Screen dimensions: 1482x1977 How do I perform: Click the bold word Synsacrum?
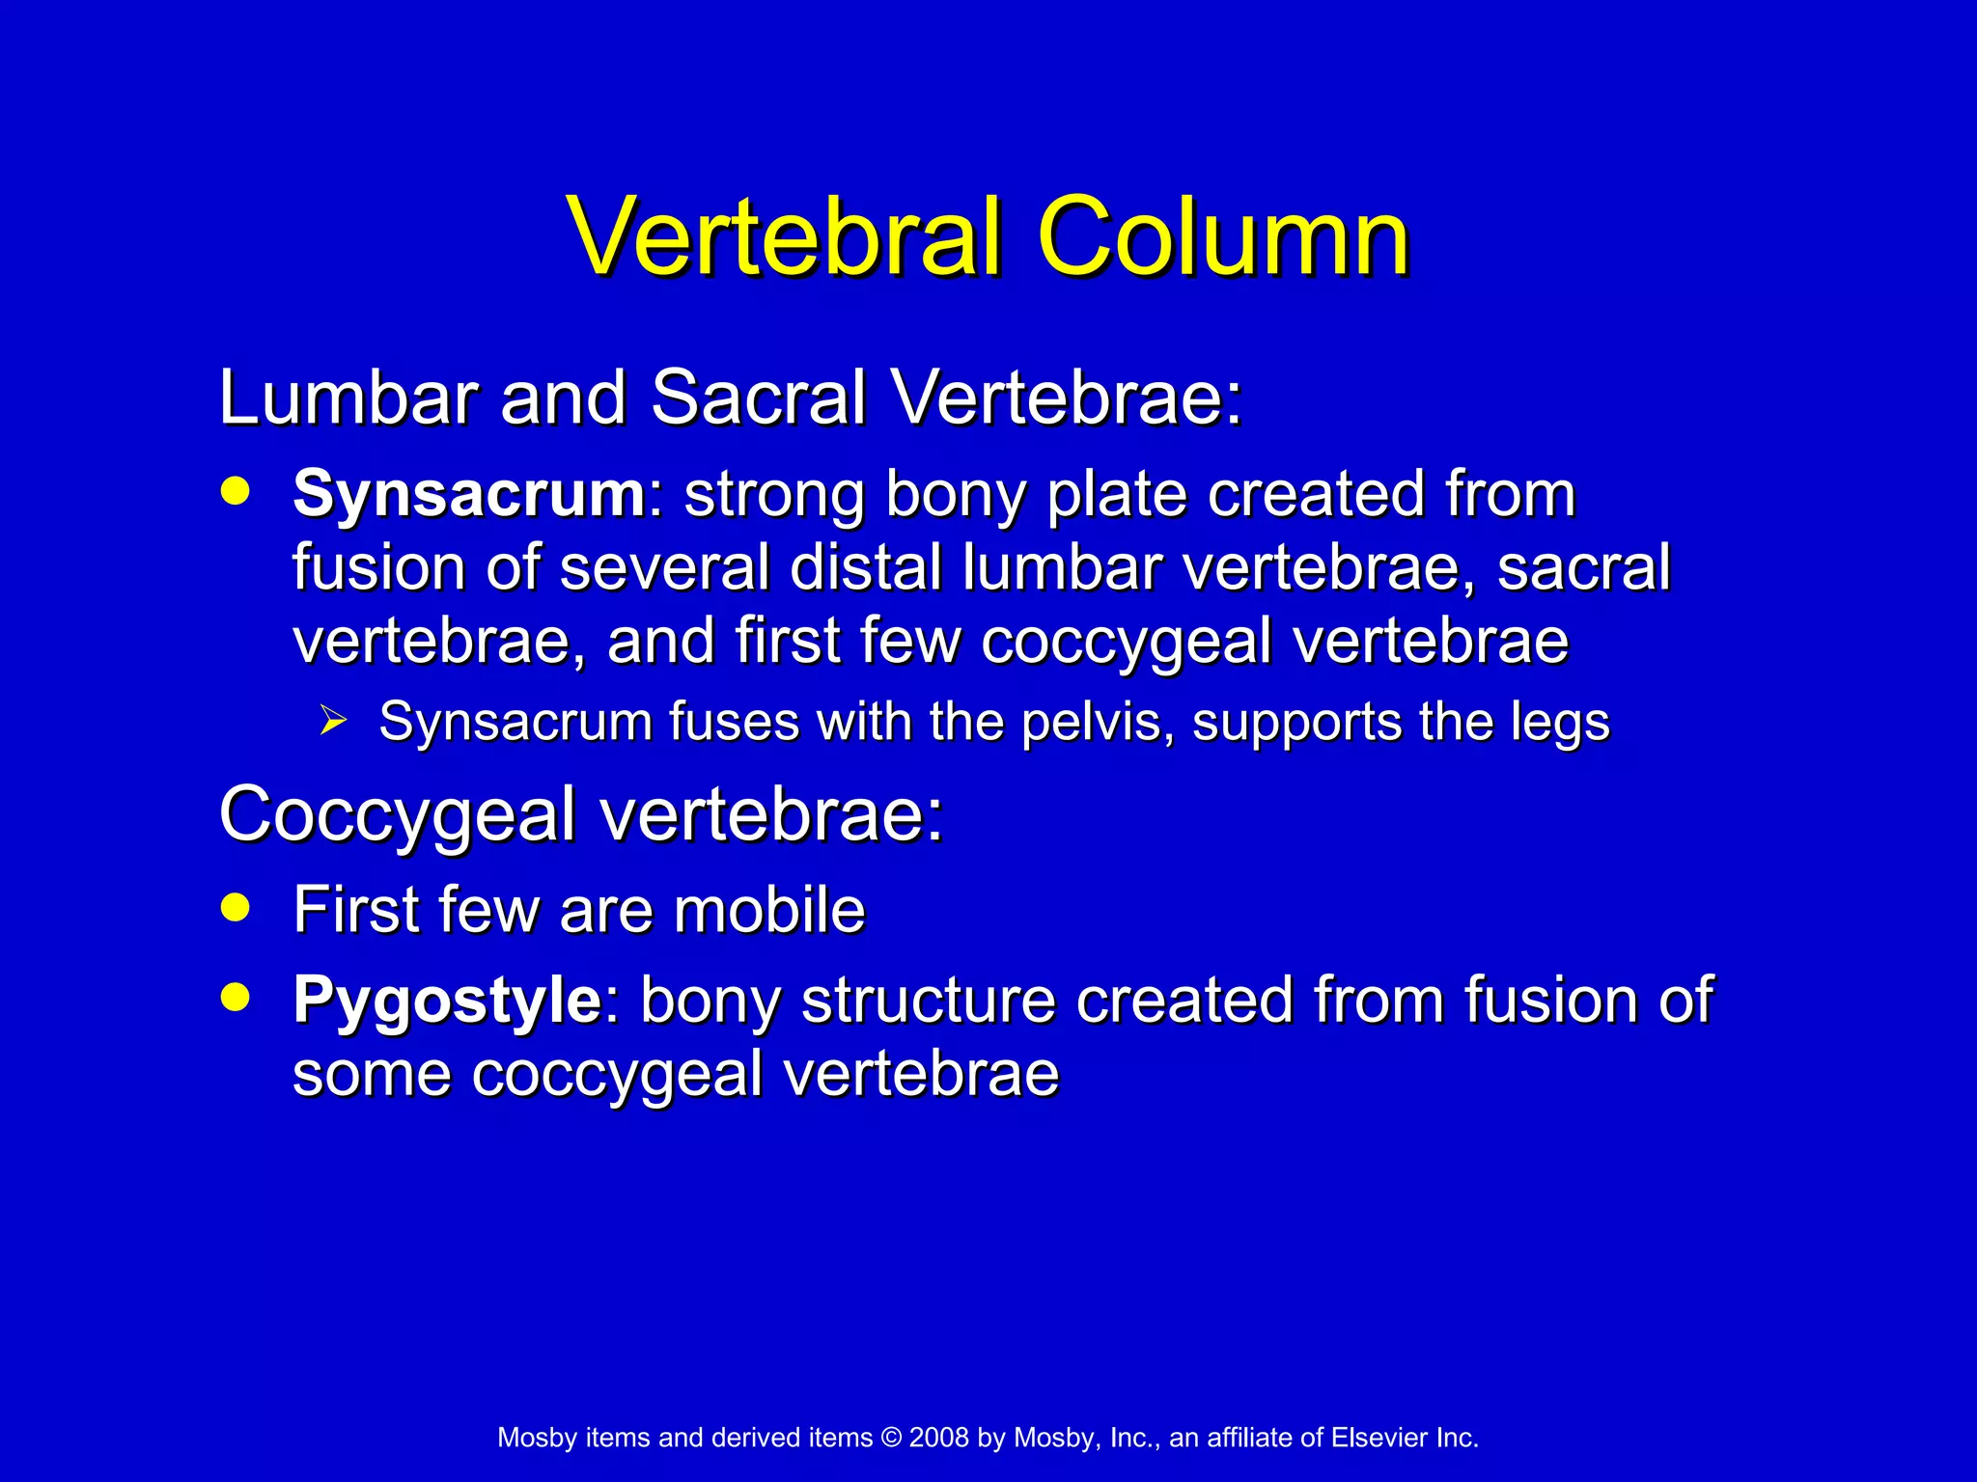(469, 494)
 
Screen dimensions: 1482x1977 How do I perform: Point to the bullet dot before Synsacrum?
(235, 491)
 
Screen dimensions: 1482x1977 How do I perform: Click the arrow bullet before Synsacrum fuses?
(333, 720)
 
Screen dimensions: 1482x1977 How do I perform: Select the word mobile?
(769, 910)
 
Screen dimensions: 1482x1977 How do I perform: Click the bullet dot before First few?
(235, 907)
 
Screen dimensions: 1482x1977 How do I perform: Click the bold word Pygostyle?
(448, 1001)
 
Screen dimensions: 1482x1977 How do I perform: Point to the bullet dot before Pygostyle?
(235, 997)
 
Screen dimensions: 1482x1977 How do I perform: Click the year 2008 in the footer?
(938, 1438)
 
